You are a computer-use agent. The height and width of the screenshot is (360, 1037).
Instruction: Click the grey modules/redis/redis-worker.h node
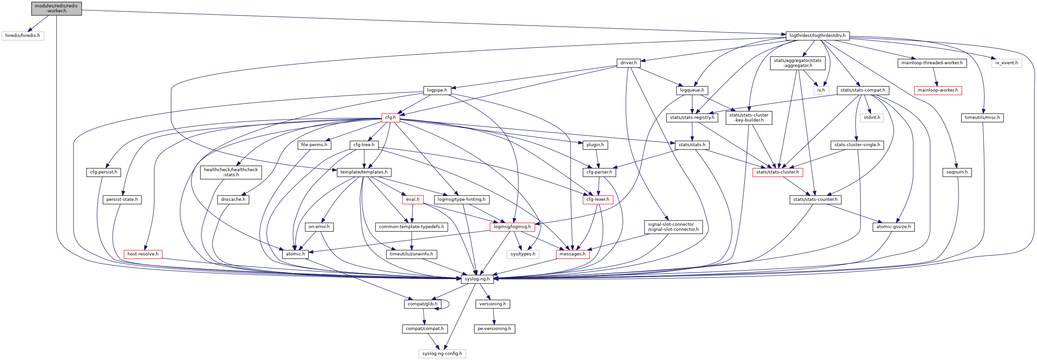pyautogui.click(x=56, y=8)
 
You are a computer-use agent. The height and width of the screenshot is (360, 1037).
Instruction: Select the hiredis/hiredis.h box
pyautogui.click(x=23, y=35)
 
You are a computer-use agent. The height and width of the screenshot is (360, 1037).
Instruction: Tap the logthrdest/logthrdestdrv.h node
pyautogui.click(x=817, y=35)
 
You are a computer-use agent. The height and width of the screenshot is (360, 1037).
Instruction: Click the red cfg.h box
pyautogui.click(x=390, y=118)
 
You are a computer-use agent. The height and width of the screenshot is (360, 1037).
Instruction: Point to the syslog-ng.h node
pyautogui.click(x=477, y=279)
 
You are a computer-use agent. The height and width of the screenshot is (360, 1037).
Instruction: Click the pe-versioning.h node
pyautogui.click(x=494, y=329)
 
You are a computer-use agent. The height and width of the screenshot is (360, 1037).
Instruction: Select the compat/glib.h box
pyautogui.click(x=422, y=304)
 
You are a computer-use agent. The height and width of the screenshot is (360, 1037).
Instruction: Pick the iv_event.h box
pyautogui.click(x=1006, y=63)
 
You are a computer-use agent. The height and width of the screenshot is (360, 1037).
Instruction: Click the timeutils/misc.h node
pyautogui.click(x=982, y=118)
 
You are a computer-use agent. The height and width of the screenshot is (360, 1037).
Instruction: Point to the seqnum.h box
pyautogui.click(x=957, y=172)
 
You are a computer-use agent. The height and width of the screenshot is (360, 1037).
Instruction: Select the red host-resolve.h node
pyautogui.click(x=143, y=254)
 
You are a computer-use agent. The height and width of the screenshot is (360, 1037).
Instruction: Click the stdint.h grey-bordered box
pyautogui.click(x=872, y=118)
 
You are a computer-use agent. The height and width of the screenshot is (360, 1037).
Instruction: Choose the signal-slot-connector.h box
pyautogui.click(x=673, y=227)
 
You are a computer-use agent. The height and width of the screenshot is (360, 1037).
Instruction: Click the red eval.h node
pyautogui.click(x=412, y=199)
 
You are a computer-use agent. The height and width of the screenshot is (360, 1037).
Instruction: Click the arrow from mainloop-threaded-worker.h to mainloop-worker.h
pyautogui.click(x=935, y=77)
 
